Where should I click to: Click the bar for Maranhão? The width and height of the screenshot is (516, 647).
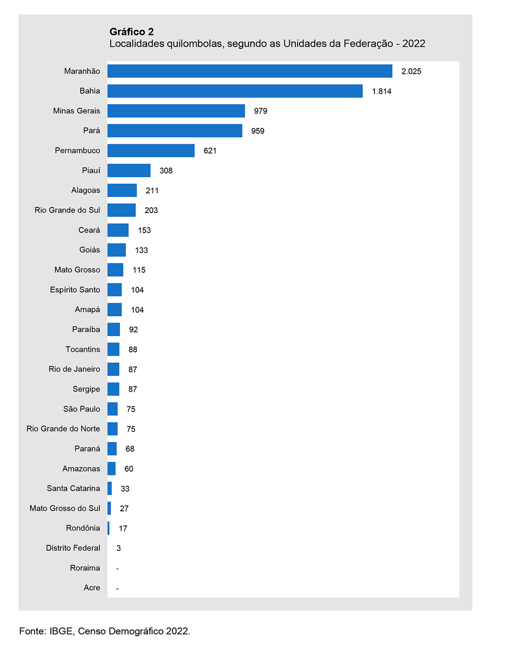click(249, 71)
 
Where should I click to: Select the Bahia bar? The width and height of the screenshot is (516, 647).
click(235, 91)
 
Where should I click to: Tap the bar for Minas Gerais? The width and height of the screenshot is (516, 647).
click(176, 111)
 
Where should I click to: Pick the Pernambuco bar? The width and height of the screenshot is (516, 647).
click(151, 151)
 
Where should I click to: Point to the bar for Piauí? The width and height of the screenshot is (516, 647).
click(129, 170)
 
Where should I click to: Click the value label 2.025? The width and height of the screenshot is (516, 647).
click(411, 71)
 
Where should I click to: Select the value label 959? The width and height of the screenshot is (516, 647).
click(258, 131)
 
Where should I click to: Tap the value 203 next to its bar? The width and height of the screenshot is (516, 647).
click(151, 210)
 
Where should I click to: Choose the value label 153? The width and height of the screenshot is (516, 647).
click(144, 230)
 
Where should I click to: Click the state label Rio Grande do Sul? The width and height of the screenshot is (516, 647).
click(67, 210)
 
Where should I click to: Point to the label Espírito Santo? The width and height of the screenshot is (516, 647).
click(75, 290)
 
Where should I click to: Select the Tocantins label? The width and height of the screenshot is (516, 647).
click(83, 350)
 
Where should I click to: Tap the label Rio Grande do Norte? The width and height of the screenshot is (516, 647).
click(63, 429)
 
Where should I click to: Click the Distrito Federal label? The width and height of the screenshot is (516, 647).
click(73, 548)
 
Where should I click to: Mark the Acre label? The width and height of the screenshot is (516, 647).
click(92, 588)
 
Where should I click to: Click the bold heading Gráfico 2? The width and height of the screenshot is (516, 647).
click(132, 31)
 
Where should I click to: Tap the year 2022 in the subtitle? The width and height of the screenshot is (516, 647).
click(414, 44)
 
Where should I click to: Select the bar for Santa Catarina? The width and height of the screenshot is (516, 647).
click(110, 488)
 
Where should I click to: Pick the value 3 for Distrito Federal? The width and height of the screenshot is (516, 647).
click(119, 548)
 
